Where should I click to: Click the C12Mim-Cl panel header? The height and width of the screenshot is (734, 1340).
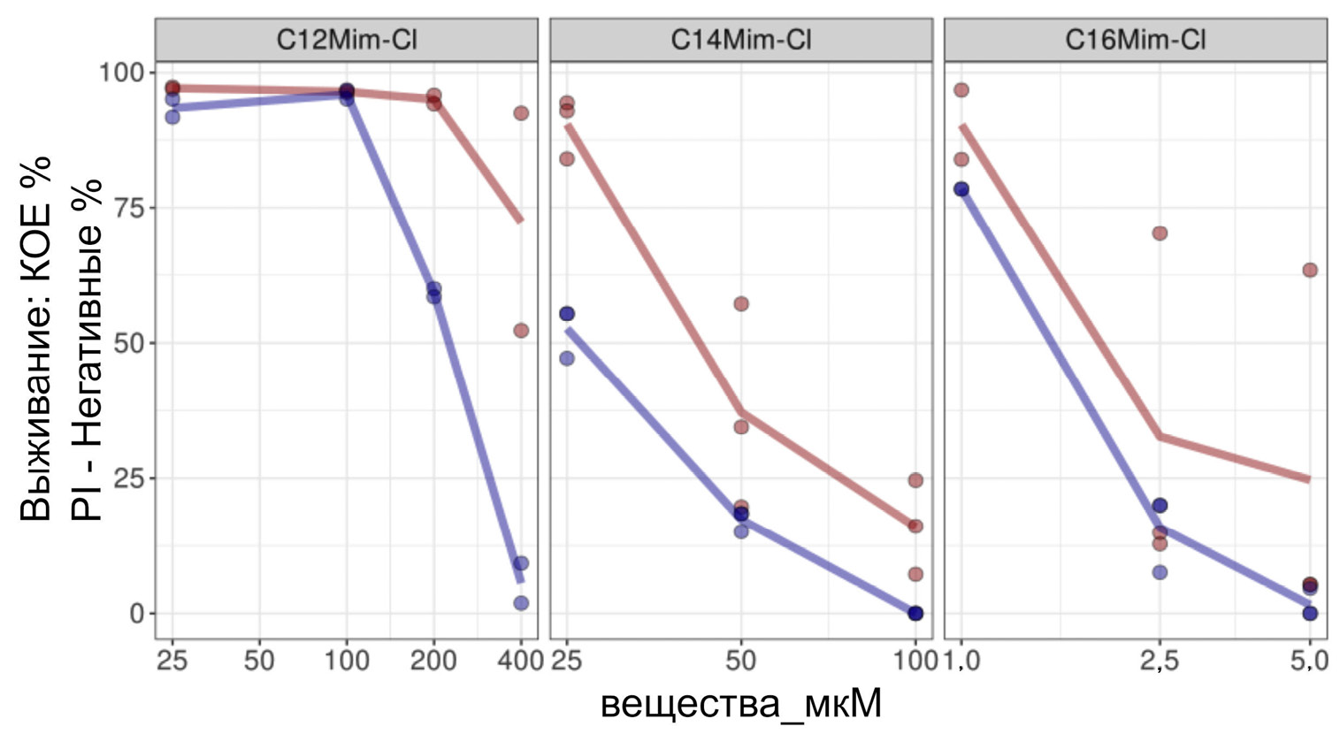point(346,40)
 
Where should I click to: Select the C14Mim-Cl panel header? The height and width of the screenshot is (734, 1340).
point(741,40)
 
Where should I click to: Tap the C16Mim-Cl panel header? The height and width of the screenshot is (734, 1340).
point(1136,40)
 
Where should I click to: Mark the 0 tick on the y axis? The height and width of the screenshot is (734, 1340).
point(136,614)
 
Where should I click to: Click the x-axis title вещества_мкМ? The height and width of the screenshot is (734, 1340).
point(741,705)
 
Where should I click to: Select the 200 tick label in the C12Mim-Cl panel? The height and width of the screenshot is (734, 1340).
point(433,661)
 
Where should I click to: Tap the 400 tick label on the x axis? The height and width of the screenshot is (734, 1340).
point(519,661)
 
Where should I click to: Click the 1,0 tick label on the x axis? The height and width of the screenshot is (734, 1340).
point(961,661)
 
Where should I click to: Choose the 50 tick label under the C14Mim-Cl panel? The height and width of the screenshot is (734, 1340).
point(741,661)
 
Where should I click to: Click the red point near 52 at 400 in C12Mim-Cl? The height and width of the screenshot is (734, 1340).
point(521,331)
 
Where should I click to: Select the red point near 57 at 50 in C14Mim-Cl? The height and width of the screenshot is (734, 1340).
point(741,304)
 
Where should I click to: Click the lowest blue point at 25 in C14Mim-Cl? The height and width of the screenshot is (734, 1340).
point(567,358)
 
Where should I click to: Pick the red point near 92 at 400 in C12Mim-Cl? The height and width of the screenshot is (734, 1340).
point(521,113)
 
